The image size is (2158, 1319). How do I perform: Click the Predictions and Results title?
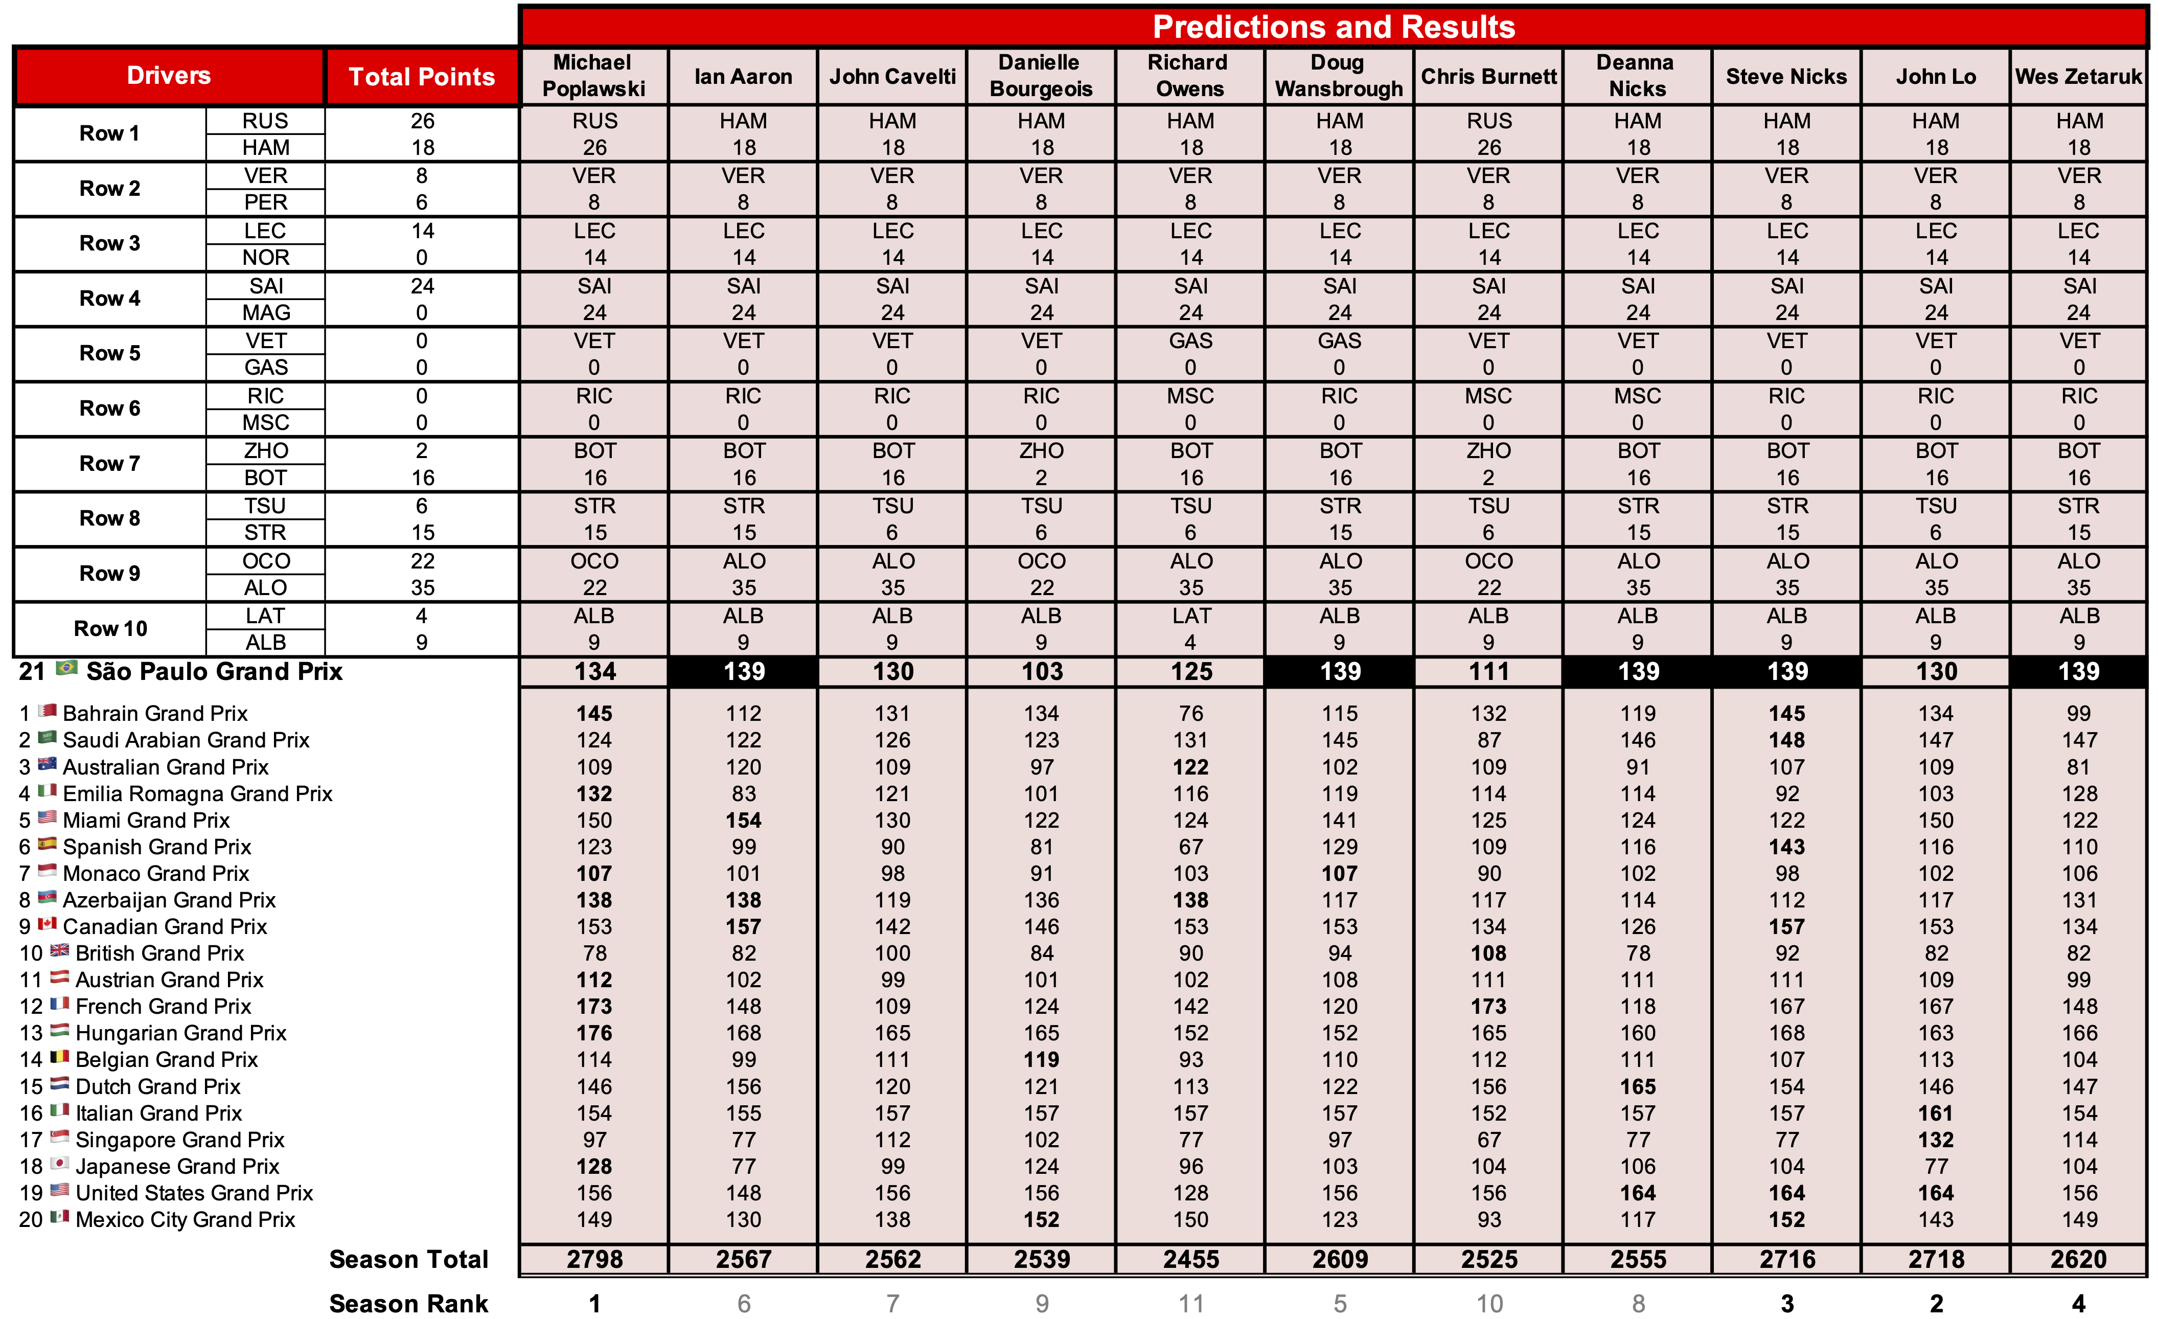pos(1333,27)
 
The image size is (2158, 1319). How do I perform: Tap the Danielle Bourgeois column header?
pos(1041,76)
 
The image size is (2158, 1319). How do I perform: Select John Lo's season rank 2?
pos(1936,1303)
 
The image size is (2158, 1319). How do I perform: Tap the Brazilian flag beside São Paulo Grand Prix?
pos(66,669)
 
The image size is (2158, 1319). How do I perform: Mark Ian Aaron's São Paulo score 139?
pos(744,672)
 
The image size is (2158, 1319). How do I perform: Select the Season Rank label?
pos(408,1303)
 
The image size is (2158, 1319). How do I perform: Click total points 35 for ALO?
pos(422,588)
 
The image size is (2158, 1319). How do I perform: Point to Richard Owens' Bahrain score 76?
pos(1190,714)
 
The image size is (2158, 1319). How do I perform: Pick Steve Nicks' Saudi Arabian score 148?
pos(1786,740)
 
